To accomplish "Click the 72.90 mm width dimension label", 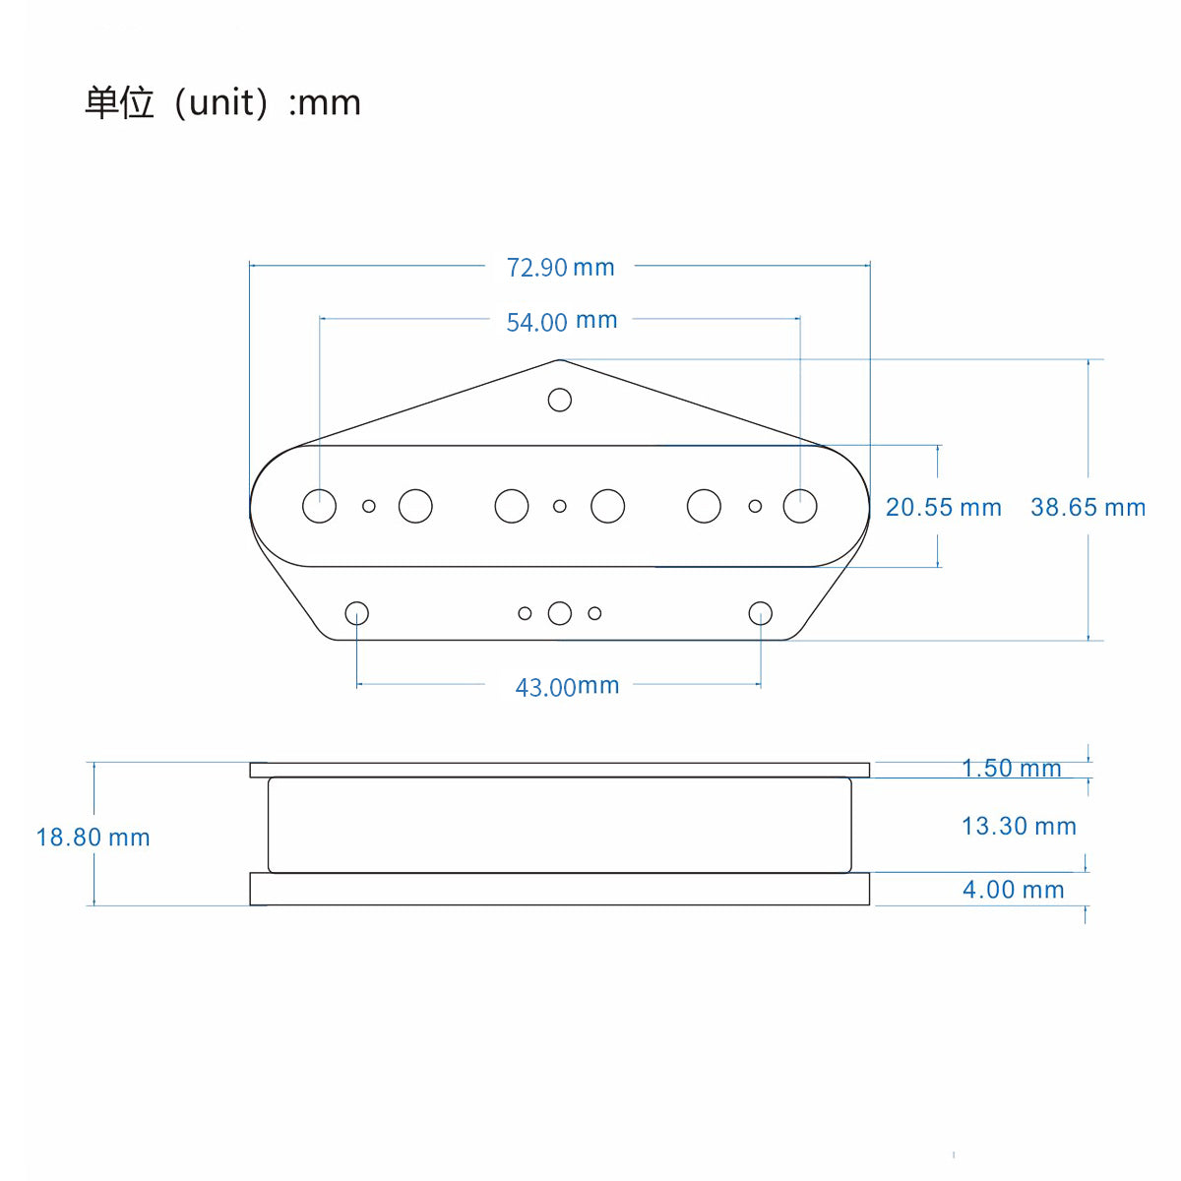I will (560, 267).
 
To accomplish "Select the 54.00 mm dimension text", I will (561, 321).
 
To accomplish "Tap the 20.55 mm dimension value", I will (943, 507).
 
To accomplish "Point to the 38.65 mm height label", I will (1088, 507).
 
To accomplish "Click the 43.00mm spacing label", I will (567, 686).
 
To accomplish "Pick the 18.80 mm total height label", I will (93, 838).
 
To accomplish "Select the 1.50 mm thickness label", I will (1011, 768).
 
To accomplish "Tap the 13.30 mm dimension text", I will (1019, 826).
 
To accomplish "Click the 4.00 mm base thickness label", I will (1013, 890).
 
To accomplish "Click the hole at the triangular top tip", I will (560, 400).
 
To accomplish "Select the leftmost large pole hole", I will (319, 506).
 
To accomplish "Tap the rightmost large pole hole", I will (800, 506).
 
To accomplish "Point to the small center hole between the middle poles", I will (560, 506).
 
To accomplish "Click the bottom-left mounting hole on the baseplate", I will (357, 613).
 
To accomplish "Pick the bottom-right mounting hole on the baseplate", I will (761, 613).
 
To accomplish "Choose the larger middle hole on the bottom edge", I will (560, 613).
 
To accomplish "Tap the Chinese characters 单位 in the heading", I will (119, 102).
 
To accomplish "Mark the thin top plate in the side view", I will (560, 770).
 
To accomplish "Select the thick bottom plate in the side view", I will (560, 889).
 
